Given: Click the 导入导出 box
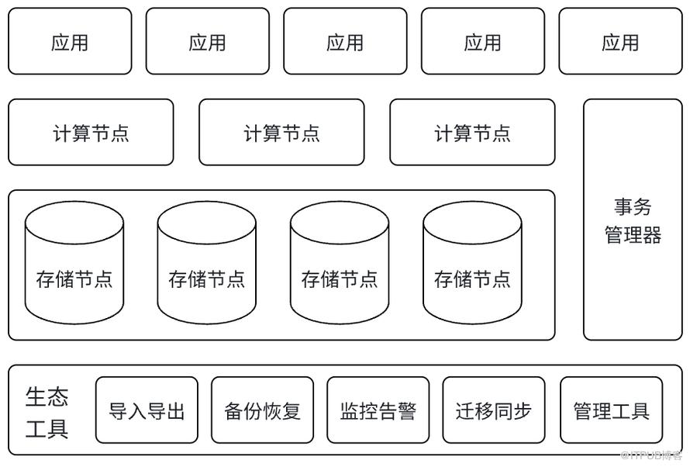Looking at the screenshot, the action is [147, 410].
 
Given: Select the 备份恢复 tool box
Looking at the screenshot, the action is [262, 410].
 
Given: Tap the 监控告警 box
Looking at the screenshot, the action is [378, 410].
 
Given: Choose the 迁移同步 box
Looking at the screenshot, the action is [494, 410].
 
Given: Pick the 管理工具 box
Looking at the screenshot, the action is [611, 410].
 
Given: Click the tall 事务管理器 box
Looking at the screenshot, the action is [633, 220].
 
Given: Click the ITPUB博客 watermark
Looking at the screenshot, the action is [651, 455].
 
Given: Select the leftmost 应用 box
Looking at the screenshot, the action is [70, 41].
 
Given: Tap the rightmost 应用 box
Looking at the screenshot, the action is [620, 41].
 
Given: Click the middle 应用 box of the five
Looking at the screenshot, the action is [346, 41].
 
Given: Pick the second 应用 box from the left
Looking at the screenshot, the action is [208, 41].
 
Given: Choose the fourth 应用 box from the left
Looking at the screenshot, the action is [483, 41].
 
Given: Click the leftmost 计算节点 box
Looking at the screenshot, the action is [91, 132].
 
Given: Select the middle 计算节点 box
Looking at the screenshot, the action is [281, 132].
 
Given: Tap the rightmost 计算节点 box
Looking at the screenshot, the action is [473, 132].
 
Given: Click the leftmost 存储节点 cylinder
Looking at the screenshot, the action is [74, 263].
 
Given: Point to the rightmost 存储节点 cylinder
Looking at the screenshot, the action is [473, 263].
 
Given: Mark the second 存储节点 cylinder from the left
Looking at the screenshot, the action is [207, 263].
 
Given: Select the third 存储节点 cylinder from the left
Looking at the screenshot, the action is [340, 263].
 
